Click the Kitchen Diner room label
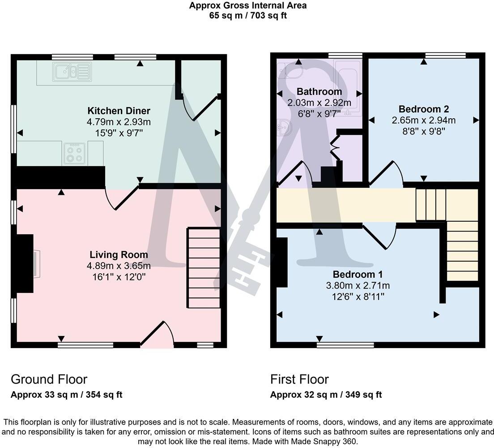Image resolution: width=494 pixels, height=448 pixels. coord(119,111)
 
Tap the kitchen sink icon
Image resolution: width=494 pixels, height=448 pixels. coord(72,72)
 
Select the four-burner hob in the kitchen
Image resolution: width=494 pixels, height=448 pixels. coord(74,154)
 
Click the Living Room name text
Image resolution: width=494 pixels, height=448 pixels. coord(119,255)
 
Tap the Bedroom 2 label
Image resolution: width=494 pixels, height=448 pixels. coord(423,109)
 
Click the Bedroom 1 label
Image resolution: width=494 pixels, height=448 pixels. coord(358,274)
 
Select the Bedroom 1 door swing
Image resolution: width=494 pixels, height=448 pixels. coord(380,235)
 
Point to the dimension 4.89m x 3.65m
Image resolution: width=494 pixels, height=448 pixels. coord(119,266)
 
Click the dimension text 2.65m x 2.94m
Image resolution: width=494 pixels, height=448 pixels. coord(423,120)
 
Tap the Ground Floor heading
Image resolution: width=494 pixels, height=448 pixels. coord(49,379)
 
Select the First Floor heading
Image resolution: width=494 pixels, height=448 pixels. coord(299,379)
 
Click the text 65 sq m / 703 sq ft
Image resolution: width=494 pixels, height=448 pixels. coord(247,16)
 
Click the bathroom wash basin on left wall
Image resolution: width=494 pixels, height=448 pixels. coord(284,128)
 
